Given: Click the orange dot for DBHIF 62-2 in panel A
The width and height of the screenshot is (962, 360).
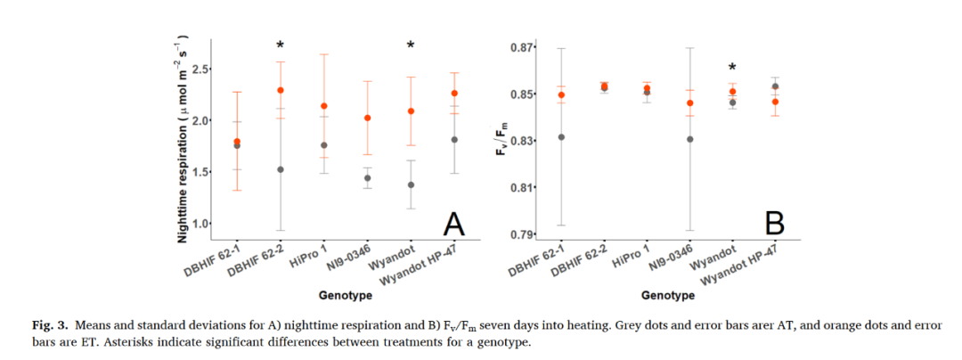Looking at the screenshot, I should [x=281, y=90].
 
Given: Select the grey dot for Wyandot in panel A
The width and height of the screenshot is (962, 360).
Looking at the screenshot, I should [x=411, y=184].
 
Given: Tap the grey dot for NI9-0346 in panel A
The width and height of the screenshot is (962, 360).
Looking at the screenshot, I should [x=367, y=177].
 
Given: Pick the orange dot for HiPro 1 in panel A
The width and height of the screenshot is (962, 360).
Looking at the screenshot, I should [x=324, y=106].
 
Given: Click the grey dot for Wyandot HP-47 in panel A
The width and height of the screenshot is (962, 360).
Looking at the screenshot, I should [x=454, y=140].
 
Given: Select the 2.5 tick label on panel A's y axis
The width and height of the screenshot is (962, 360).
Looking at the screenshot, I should [x=200, y=69].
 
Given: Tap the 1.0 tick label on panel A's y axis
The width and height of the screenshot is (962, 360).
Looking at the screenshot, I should [x=200, y=224].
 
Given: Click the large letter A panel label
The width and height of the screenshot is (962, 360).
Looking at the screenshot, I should [x=454, y=224].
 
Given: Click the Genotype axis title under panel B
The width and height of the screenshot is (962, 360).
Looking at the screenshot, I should [x=668, y=295].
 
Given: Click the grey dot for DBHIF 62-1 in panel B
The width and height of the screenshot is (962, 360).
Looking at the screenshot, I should [x=561, y=137].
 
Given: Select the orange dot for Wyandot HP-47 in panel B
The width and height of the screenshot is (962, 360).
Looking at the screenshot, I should [x=775, y=102].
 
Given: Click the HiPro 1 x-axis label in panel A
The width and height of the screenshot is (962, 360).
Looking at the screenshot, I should [x=312, y=257].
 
